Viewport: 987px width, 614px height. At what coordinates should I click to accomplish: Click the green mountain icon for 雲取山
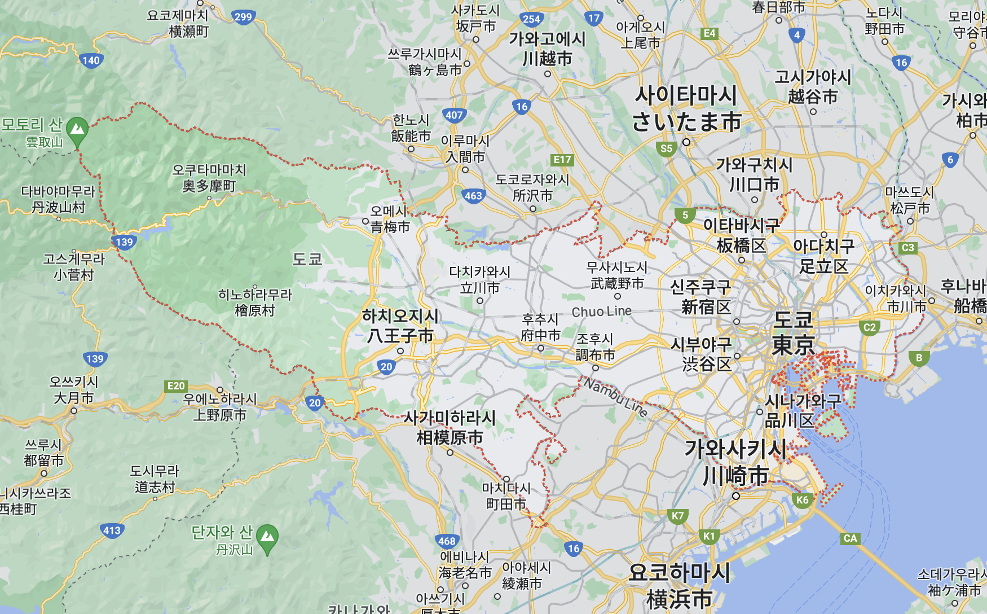pyautogui.click(x=77, y=130)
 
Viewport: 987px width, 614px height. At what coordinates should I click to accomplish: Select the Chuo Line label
pyautogui.click(x=601, y=312)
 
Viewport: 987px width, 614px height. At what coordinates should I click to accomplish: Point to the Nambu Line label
pyautogui.click(x=615, y=397)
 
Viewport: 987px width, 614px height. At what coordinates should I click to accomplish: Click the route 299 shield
pyautogui.click(x=243, y=17)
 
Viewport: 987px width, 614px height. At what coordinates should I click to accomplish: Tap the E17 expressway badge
pyautogui.click(x=562, y=160)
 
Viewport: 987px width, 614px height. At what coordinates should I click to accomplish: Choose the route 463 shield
pyautogui.click(x=473, y=196)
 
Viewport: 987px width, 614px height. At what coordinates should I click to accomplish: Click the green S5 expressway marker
pyautogui.click(x=666, y=148)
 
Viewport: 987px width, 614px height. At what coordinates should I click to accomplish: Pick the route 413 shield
pyautogui.click(x=112, y=530)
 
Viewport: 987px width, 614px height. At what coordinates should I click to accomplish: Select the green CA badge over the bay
pyautogui.click(x=850, y=538)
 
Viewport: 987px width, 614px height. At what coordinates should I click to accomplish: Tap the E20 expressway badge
pyautogui.click(x=176, y=386)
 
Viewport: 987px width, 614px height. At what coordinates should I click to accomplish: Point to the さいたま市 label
pyautogui.click(x=686, y=122)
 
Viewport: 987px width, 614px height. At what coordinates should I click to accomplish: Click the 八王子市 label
pyautogui.click(x=400, y=336)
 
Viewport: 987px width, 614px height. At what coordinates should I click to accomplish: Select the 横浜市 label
pyautogui.click(x=679, y=598)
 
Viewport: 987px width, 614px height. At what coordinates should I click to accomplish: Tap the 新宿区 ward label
pyautogui.click(x=706, y=307)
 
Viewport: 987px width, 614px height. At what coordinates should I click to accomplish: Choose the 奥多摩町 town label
pyautogui.click(x=209, y=186)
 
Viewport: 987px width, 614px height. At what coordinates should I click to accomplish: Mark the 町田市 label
pyautogui.click(x=506, y=503)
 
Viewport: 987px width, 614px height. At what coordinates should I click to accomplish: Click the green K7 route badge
pyautogui.click(x=677, y=515)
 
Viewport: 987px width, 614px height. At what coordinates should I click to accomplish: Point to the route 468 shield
pyautogui.click(x=447, y=541)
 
